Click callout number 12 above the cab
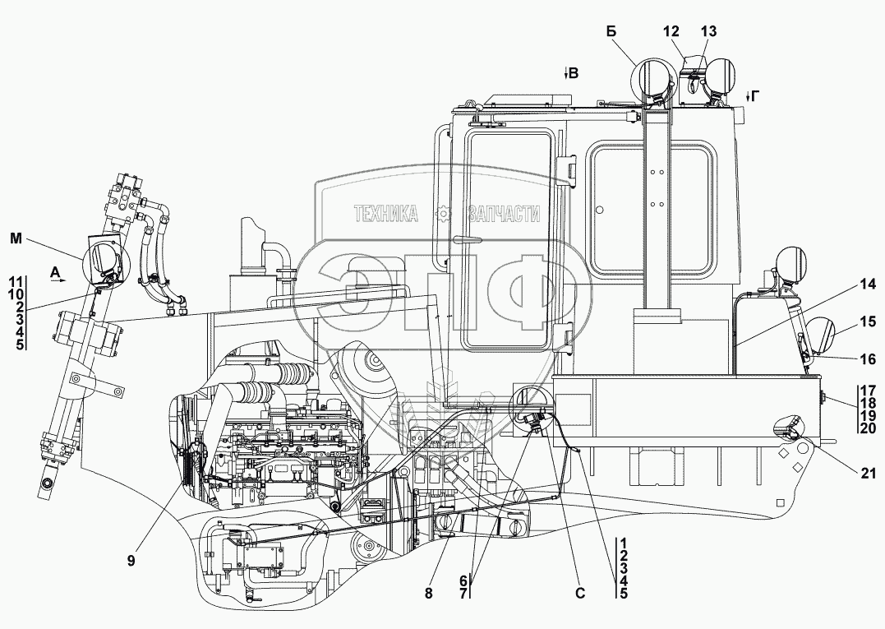point(671,31)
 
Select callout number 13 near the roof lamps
point(708,31)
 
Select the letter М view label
point(16,238)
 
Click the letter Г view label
point(755,96)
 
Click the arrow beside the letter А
point(58,280)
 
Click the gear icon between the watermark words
point(445,214)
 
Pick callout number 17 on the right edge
point(869,390)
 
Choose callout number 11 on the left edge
point(16,280)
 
